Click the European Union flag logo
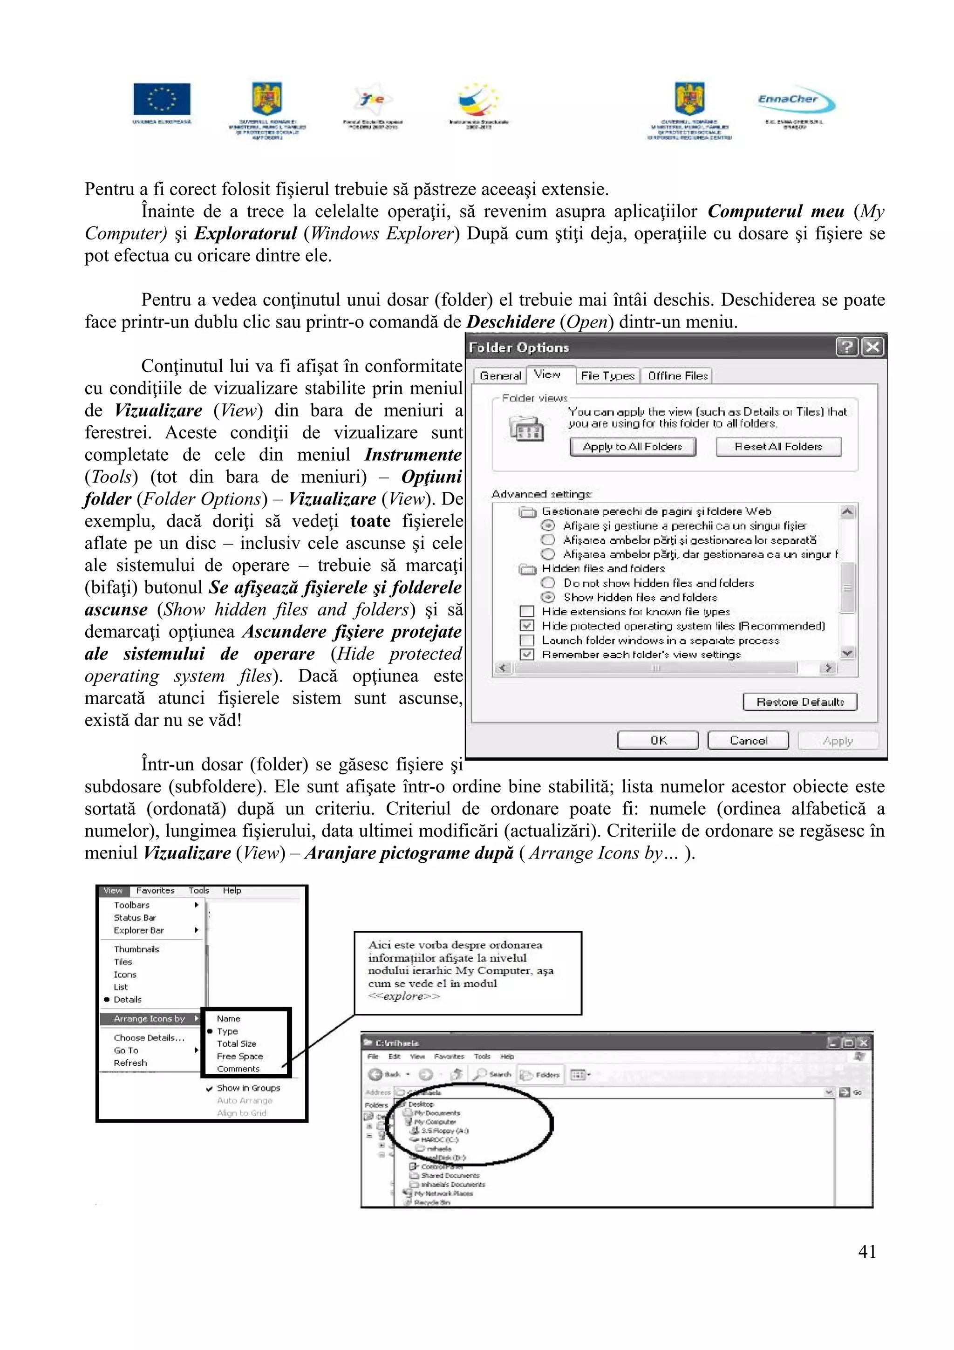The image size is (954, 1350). coord(162,99)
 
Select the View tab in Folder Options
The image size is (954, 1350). coord(547,375)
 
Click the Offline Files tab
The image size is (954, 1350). coord(678,376)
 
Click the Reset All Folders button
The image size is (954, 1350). coord(778,447)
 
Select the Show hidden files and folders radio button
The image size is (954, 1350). coord(548,597)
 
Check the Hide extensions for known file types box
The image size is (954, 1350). coord(527,612)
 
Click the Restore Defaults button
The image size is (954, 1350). coord(799,702)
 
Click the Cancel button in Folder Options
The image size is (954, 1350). coord(748,741)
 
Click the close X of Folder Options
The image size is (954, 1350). coord(873,348)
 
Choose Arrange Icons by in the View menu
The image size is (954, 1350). coord(150,1019)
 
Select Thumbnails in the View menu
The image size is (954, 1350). coord(136,949)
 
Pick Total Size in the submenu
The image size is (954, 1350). coord(236,1043)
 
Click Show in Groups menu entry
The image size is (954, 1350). coord(248,1088)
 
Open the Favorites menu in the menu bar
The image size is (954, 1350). coord(155,891)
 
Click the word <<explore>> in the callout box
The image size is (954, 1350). coord(403,996)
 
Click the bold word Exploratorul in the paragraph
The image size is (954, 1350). coord(245,234)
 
